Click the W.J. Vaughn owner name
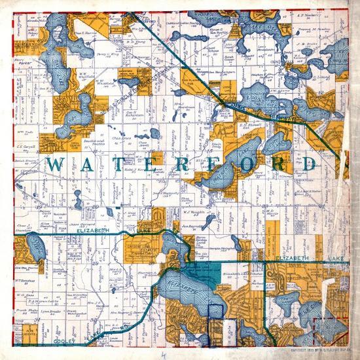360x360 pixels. click(x=194, y=211)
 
